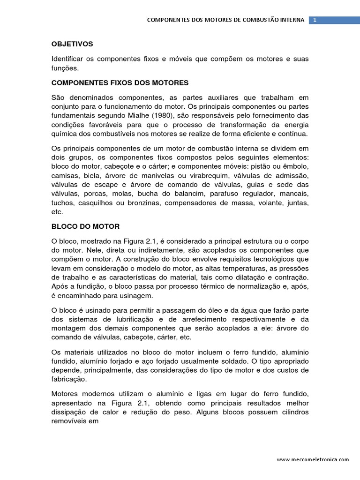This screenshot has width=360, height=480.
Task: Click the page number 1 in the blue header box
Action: click(315, 20)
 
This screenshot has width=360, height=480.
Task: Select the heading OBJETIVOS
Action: click(72, 44)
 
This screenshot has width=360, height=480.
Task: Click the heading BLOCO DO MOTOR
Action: click(85, 226)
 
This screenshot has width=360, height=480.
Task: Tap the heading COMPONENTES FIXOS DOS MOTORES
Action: click(120, 83)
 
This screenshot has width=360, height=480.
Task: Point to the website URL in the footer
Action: click(313, 460)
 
